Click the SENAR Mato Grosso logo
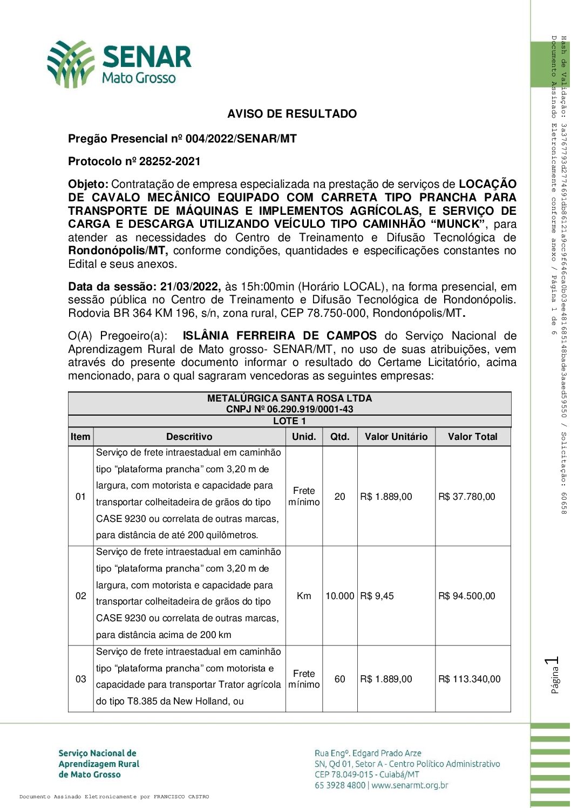[119, 64]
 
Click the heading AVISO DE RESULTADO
[291, 114]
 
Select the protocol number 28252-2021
[169, 161]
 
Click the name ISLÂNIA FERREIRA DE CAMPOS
[280, 336]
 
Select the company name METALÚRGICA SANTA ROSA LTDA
[289, 398]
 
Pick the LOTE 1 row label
[289, 421]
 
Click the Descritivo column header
[189, 437]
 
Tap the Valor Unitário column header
[396, 437]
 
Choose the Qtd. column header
[339, 437]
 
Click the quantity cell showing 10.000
[339, 596]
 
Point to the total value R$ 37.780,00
[466, 497]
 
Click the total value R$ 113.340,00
[469, 679]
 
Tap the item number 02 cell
[80, 596]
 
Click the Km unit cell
[304, 596]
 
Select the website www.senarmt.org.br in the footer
[410, 785]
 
